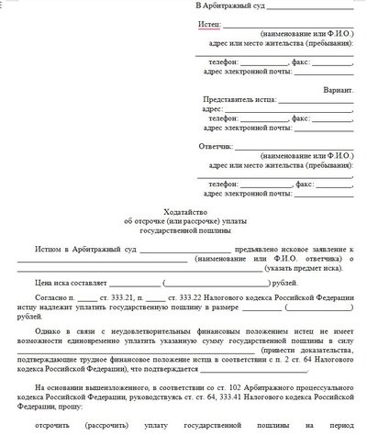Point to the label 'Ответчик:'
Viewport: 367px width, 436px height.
tap(215, 147)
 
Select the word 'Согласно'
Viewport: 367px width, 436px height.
tap(51, 299)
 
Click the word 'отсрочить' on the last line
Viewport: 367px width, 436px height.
tap(53, 426)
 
